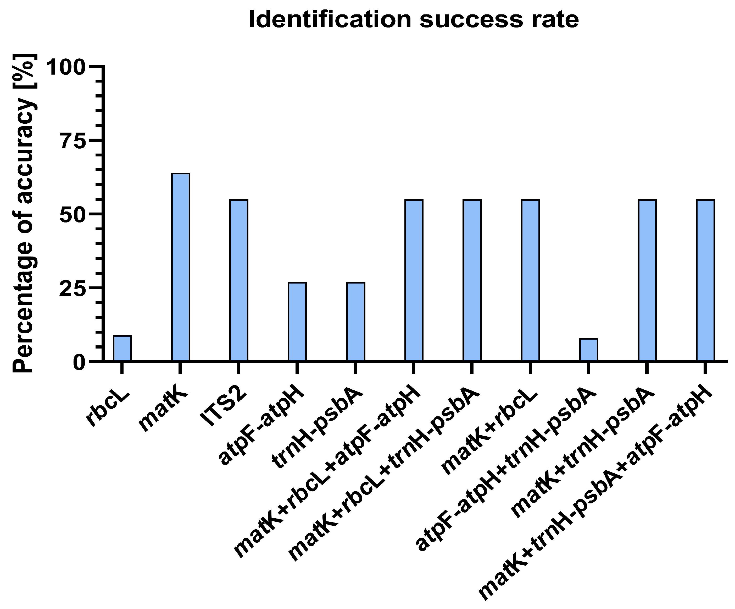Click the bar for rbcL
[122, 348]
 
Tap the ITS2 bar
[239, 280]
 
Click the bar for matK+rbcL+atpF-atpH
[414, 280]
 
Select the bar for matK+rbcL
[530, 280]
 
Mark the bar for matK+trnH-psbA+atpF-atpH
[705, 280]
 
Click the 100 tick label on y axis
[66, 67]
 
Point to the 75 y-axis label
[73, 140]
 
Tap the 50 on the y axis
[73, 214]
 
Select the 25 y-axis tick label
[73, 288]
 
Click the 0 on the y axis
[80, 362]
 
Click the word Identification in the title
[329, 20]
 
